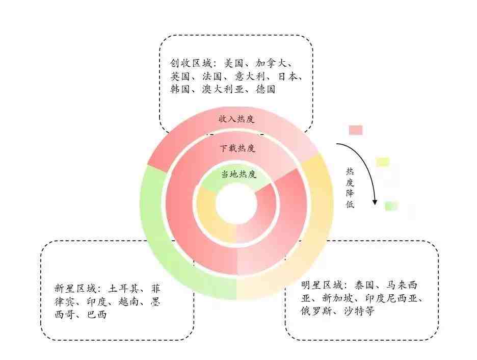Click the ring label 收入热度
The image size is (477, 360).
click(236, 118)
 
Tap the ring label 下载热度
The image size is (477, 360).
click(237, 148)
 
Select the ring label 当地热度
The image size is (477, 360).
click(239, 174)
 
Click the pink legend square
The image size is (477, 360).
click(356, 130)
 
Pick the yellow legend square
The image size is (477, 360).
click(383, 162)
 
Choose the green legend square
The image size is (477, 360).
click(391, 206)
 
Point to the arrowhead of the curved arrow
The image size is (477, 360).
click(375, 202)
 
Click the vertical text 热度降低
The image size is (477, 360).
click(350, 188)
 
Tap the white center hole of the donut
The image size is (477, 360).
click(236, 204)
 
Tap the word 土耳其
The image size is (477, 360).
click(123, 288)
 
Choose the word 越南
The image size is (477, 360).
click(128, 301)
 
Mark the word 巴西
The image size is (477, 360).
click(97, 314)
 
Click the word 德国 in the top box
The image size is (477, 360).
click(266, 89)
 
